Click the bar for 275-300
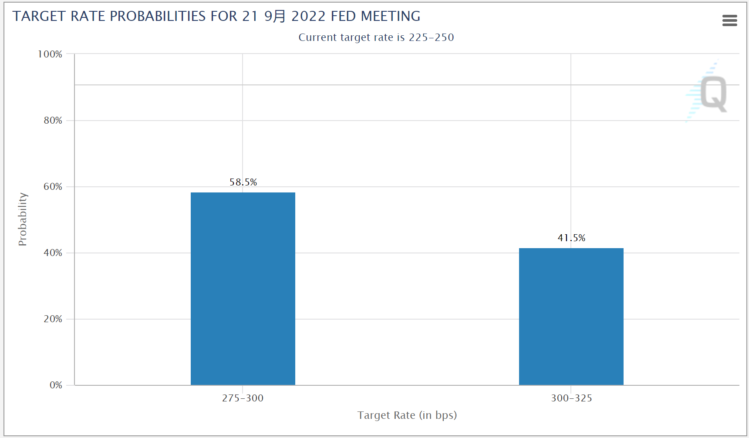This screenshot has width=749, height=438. tap(243, 289)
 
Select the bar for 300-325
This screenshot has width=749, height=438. tap(571, 317)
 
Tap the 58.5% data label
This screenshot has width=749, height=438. tap(243, 182)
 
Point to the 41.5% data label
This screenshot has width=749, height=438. tap(571, 238)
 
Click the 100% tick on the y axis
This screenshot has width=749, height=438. tap(50, 54)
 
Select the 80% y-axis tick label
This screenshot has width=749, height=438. tap(53, 121)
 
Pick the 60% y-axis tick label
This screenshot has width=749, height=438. tap(53, 187)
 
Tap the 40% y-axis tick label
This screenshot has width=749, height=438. tap(53, 253)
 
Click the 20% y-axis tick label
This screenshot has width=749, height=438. tap(53, 319)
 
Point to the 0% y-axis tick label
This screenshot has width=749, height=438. tap(56, 385)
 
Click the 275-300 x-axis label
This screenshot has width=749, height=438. tap(243, 398)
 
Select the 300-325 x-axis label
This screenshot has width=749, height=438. tap(571, 398)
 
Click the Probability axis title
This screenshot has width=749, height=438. tap(23, 219)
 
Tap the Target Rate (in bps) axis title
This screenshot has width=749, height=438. tap(407, 415)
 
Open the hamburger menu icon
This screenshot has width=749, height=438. tap(729, 20)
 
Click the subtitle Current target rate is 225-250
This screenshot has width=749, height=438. tap(376, 37)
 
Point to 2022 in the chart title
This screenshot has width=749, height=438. tap(308, 17)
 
